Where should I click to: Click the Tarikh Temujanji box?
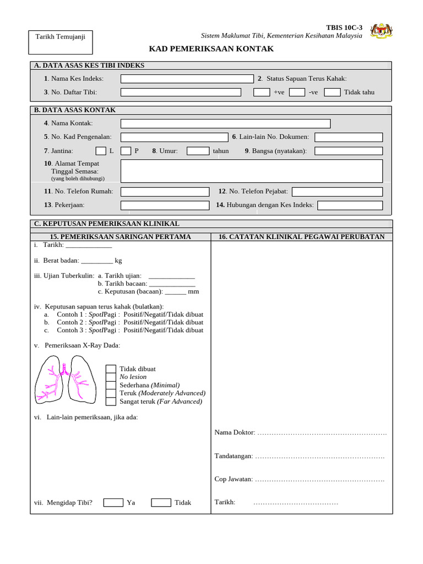(61, 42)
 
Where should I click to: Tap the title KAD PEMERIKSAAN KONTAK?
(211, 49)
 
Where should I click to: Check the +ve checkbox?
(262, 92)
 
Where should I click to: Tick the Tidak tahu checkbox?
(332, 92)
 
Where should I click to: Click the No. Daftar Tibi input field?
(181, 92)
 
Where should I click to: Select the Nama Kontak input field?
(225, 123)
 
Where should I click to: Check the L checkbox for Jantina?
(101, 150)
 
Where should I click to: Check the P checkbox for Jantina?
(126, 150)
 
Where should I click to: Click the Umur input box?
(198, 150)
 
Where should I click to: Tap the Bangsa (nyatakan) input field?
(348, 150)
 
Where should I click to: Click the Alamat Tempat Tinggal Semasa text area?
(251, 171)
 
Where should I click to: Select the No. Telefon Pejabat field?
(337, 192)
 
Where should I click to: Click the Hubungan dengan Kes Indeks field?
(350, 205)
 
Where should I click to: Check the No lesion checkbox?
(111, 377)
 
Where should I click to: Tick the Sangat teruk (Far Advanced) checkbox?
(111, 402)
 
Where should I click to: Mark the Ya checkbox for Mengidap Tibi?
(113, 502)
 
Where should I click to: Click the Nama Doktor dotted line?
(322, 433)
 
